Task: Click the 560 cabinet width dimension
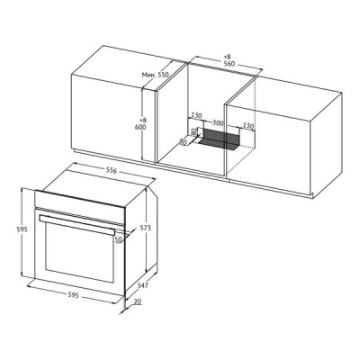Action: click(229, 64)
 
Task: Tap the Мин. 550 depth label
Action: click(156, 75)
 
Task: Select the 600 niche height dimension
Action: click(140, 127)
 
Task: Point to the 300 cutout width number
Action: click(218, 122)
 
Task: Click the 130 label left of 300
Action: click(196, 115)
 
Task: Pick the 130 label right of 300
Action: click(248, 126)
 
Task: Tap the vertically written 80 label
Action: click(193, 131)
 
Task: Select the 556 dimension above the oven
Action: click(111, 171)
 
